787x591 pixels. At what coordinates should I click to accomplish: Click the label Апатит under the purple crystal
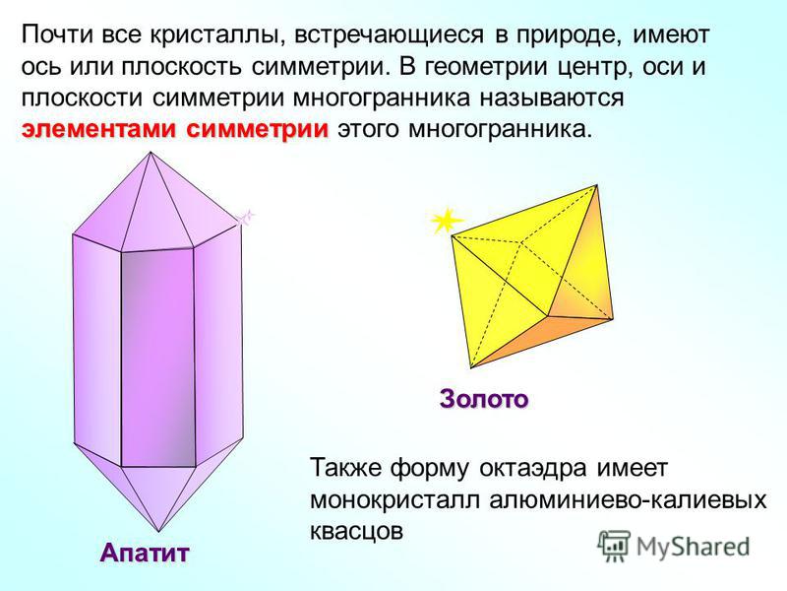point(145,554)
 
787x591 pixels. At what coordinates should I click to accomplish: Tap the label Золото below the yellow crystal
point(484,400)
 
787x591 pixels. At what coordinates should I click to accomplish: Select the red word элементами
point(98,129)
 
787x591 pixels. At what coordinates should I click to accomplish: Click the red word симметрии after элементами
point(257,129)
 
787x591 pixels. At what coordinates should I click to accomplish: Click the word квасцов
point(356,532)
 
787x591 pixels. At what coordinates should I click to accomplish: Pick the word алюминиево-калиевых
point(628,500)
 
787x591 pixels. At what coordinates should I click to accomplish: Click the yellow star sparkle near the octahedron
point(446,221)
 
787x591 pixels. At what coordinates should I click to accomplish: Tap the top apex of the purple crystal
point(151,152)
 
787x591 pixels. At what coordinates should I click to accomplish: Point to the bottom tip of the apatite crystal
point(158,531)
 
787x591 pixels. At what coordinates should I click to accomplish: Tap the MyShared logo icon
point(613,546)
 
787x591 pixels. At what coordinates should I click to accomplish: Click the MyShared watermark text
point(693,547)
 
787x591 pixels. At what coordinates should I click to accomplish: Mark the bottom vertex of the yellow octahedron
point(471,367)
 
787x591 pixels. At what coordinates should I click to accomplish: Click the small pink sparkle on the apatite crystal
point(246,217)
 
